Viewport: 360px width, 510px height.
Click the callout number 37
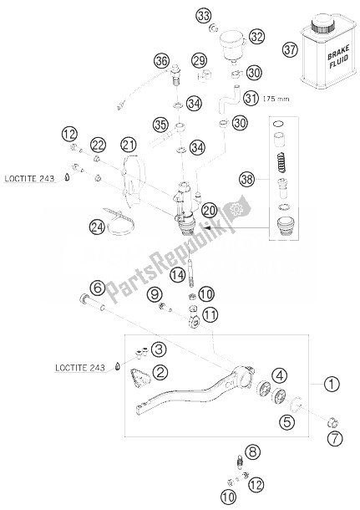tap(290, 50)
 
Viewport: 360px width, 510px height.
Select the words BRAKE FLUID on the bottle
tap(338, 57)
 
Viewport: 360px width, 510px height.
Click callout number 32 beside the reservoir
tap(256, 37)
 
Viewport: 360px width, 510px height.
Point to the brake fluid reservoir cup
tap(232, 43)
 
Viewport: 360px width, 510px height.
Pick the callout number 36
tap(162, 61)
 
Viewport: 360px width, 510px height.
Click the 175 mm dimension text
tap(276, 99)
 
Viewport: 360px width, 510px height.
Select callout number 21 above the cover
tap(129, 145)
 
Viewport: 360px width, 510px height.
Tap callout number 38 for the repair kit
tap(247, 179)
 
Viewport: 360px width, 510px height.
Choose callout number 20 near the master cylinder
tap(209, 211)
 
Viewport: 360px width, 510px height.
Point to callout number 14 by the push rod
tap(178, 276)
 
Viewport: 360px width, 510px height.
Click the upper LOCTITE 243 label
tap(29, 179)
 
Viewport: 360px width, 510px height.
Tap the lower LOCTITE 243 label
tap(80, 368)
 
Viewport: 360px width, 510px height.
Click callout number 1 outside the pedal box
tap(332, 384)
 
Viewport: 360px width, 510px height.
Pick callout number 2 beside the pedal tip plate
tap(160, 372)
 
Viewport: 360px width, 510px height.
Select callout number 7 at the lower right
tap(335, 439)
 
